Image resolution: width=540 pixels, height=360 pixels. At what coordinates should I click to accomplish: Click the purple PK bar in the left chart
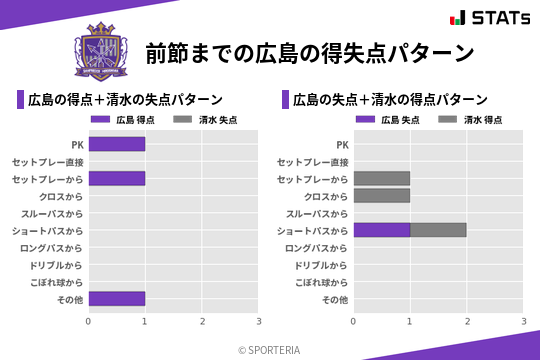coord(117,144)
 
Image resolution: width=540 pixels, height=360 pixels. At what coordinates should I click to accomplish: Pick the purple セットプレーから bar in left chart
coord(117,178)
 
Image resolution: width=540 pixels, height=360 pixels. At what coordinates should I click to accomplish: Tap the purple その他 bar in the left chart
coord(117,298)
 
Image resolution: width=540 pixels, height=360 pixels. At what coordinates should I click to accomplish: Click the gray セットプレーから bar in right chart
coord(382,178)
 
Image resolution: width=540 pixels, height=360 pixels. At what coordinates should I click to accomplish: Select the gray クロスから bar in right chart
coord(382,196)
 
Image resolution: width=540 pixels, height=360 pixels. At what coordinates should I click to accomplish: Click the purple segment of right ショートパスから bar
coord(382,230)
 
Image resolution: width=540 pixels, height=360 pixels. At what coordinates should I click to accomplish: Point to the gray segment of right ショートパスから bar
coord(438,230)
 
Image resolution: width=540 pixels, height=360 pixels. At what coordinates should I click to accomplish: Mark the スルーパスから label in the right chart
coord(317,213)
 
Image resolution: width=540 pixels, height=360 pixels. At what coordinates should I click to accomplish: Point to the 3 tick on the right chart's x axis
coord(523,322)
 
